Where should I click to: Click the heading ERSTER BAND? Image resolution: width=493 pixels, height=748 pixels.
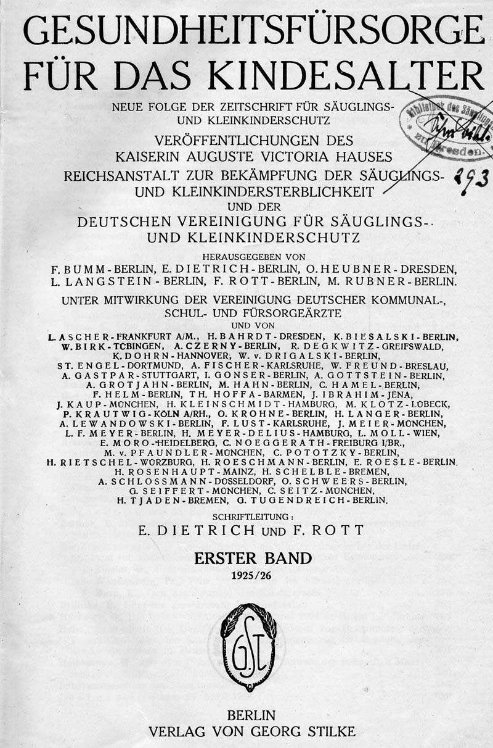coord(253,559)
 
